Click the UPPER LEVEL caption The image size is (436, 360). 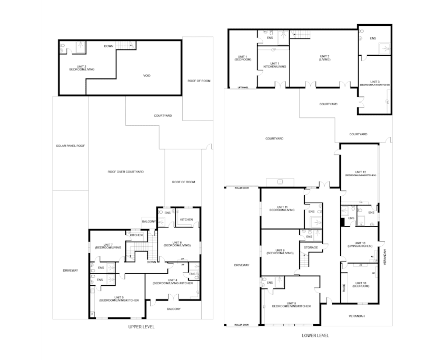click(141, 327)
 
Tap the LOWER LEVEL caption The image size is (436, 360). click(315, 335)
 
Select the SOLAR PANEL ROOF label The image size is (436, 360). click(70, 145)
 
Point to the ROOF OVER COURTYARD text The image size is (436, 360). click(126, 172)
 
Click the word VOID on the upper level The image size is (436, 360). click(147, 76)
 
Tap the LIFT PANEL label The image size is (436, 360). click(243, 87)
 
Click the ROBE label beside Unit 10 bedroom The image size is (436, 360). click(344, 288)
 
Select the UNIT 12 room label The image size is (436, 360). click(360, 173)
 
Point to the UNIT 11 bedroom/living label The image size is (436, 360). click(282, 208)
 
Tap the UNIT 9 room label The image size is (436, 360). click(280, 252)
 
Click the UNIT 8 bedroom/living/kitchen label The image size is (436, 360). click(291, 304)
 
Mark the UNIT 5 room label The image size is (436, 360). click(119, 298)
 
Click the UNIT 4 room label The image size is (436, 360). click(172, 281)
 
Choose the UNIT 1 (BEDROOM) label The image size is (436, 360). click(243, 57)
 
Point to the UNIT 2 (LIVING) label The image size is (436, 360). click(325, 57)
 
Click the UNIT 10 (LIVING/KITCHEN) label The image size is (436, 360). click(360, 245)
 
